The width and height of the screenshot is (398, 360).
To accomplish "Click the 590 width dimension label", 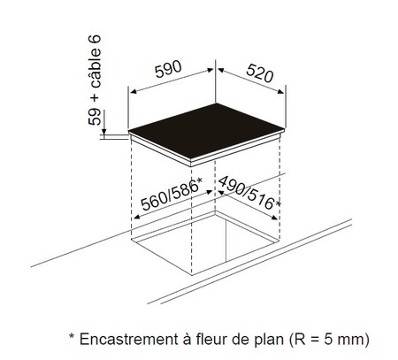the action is (168, 70).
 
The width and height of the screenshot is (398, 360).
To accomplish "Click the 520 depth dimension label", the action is (260, 73).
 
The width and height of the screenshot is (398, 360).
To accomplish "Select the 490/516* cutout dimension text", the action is (249, 193).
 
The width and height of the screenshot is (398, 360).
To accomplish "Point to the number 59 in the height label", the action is (95, 117).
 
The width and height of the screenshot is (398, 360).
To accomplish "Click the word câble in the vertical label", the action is (95, 68).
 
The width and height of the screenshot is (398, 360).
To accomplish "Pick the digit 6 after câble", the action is (95, 39).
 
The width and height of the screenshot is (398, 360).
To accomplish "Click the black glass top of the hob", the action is (206, 131).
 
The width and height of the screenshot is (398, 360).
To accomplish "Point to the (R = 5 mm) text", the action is (328, 340).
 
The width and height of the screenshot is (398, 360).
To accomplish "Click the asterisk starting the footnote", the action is (72, 336).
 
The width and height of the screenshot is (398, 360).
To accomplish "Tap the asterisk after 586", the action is (200, 180).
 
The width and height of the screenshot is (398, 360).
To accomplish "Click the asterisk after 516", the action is (278, 203).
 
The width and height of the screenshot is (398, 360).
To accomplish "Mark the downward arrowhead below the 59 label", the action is (103, 132).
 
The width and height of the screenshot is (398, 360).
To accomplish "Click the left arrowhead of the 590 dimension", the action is (134, 91).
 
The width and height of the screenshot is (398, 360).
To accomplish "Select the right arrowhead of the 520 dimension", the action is (280, 92).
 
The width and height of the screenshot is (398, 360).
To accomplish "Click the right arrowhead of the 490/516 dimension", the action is (274, 218).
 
